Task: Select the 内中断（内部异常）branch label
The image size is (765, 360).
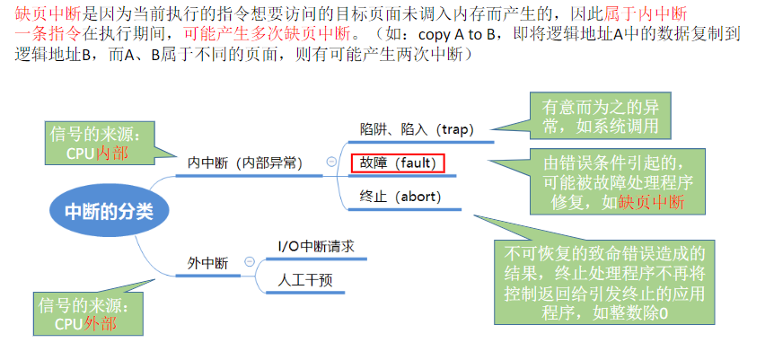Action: (244, 163)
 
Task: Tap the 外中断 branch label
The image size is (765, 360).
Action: (207, 263)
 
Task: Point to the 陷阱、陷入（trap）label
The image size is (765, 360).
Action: (417, 128)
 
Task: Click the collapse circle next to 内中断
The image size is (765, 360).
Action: (332, 162)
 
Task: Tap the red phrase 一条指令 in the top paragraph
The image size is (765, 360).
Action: (48, 35)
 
